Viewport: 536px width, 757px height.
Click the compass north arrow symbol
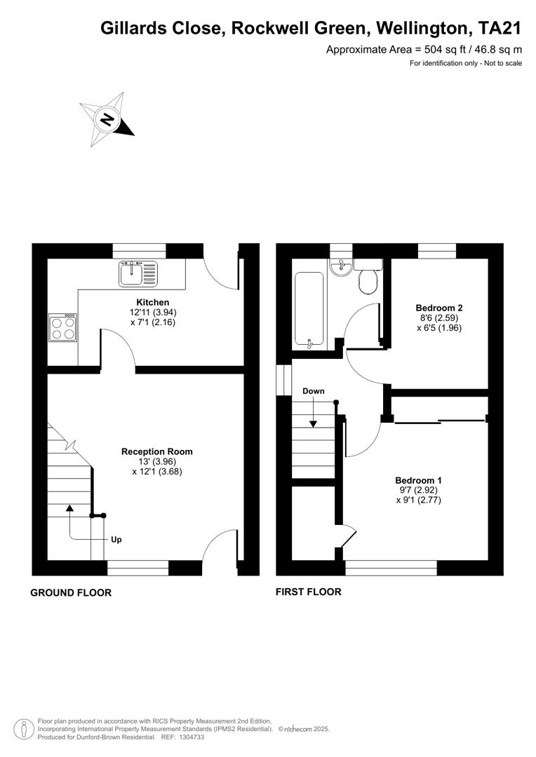tap(107, 119)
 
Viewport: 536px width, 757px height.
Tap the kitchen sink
tap(139, 273)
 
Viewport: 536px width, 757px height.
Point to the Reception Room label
tap(156, 451)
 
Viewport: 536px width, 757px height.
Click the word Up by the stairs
tap(117, 540)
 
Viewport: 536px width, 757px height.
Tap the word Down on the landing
tap(314, 391)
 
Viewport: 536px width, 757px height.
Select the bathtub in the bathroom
tap(309, 309)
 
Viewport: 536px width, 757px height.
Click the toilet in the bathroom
tap(368, 278)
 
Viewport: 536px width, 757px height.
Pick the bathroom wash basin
tap(341, 267)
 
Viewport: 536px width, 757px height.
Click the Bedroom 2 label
tap(439, 308)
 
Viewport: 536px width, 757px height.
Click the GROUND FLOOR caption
tap(71, 593)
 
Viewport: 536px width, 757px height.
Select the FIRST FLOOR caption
tap(309, 592)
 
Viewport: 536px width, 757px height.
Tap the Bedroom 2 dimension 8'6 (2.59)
tap(439, 318)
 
